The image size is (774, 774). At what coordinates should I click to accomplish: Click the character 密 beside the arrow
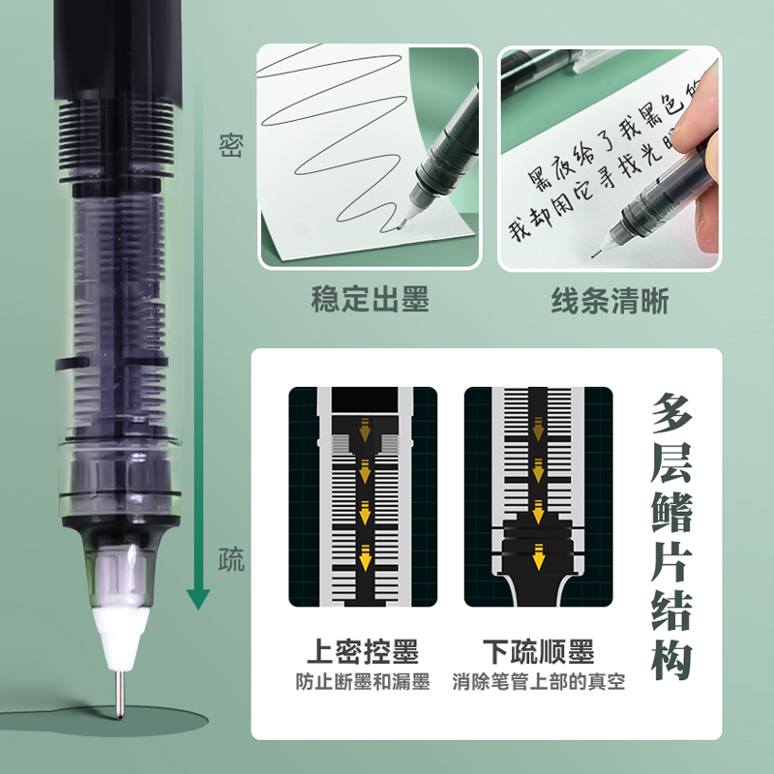pyautogui.click(x=230, y=146)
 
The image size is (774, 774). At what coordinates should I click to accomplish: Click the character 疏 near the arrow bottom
pyautogui.click(x=230, y=558)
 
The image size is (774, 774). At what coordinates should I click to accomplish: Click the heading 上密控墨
pyautogui.click(x=363, y=651)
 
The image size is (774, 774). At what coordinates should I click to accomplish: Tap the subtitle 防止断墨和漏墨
pyautogui.click(x=363, y=682)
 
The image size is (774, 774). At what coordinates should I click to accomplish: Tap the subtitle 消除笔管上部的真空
pyautogui.click(x=538, y=682)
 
